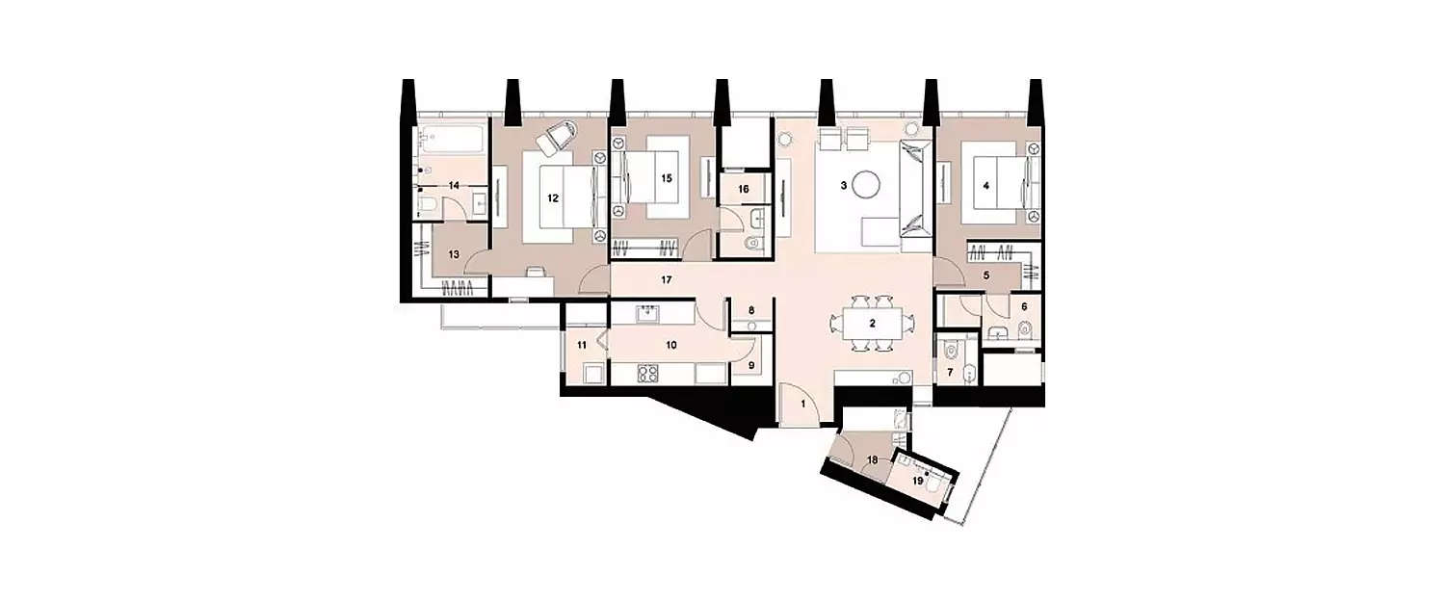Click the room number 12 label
pos(552,197)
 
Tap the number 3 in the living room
pos(843,186)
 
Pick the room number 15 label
pos(665,177)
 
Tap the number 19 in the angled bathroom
pos(918,479)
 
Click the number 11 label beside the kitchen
pos(582,344)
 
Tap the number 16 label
pos(743,190)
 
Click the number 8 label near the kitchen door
pos(751,310)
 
